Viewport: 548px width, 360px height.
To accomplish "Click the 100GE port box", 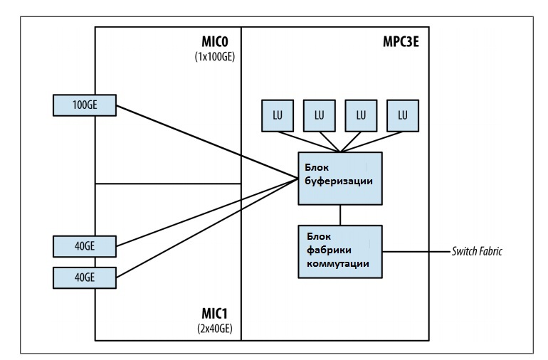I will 85,105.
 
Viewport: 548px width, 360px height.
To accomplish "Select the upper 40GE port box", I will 85,247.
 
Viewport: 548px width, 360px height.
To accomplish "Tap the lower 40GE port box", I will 85,277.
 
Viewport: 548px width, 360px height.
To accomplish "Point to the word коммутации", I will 338,263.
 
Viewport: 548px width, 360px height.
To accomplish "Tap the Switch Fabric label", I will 477,251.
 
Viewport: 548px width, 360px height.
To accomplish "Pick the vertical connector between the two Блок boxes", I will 340,214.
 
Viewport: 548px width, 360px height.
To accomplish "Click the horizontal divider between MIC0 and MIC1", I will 168,184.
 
